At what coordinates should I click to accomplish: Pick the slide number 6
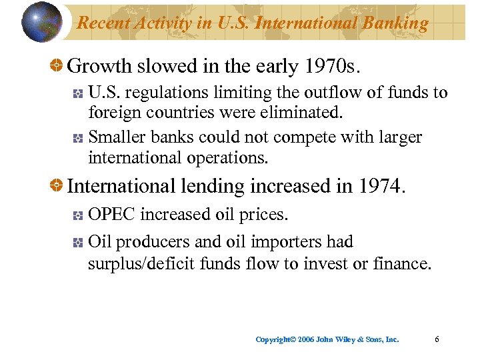[437, 339]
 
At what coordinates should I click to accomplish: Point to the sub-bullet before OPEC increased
[78, 216]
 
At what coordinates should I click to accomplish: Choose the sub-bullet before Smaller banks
[78, 138]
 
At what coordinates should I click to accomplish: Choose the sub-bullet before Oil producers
[78, 242]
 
